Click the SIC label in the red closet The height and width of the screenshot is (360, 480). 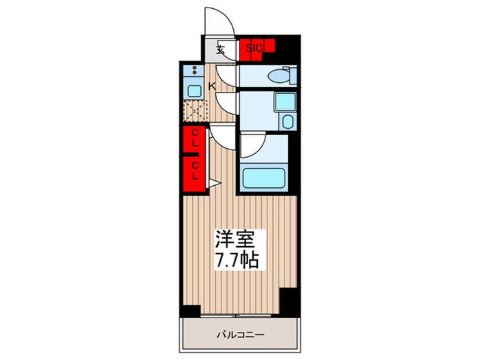click(x=254, y=48)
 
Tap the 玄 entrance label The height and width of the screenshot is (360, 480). click(x=220, y=49)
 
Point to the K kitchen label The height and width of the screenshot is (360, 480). click(x=212, y=86)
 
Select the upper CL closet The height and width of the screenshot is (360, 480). click(x=195, y=139)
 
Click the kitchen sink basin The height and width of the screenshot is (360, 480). click(x=193, y=90)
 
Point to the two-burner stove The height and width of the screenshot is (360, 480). click(x=193, y=71)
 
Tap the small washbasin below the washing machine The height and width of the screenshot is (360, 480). click(x=287, y=123)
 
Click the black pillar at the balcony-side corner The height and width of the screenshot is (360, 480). click(x=289, y=297)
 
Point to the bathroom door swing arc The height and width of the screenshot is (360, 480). click(x=250, y=145)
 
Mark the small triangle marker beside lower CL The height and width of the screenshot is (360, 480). click(x=213, y=183)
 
